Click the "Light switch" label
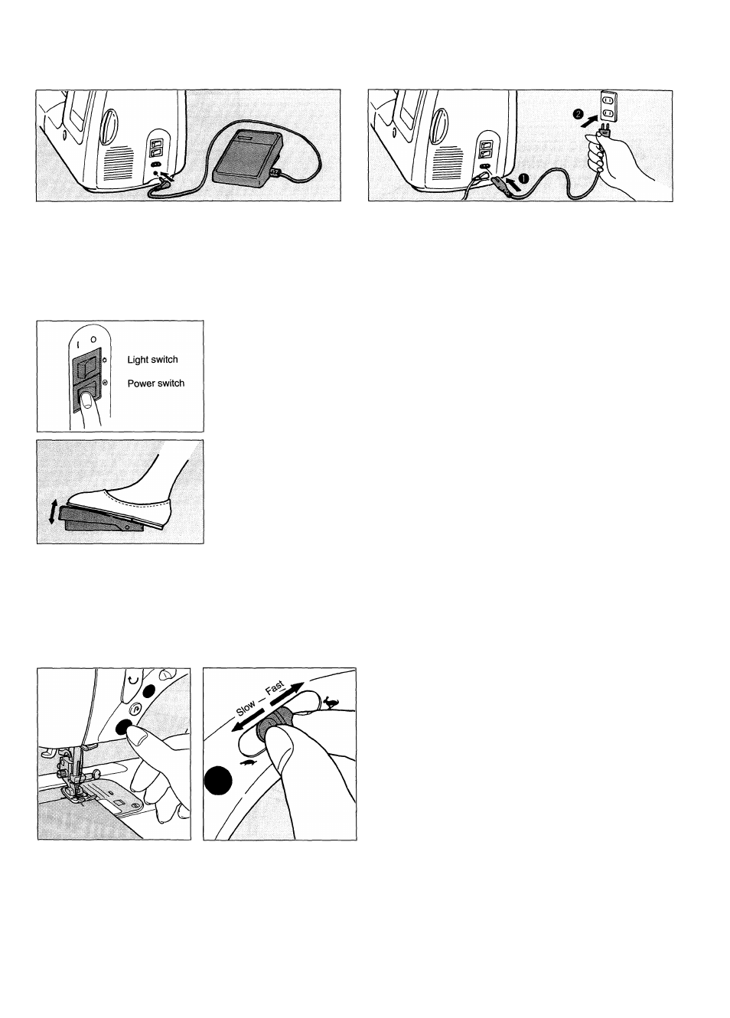[152, 360]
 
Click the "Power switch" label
[156, 383]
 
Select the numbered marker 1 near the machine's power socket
[523, 179]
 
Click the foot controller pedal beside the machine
[248, 158]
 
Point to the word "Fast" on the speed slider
[275, 687]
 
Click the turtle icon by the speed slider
[250, 763]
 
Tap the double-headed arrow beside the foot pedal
[53, 511]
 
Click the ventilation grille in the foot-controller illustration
[118, 162]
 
